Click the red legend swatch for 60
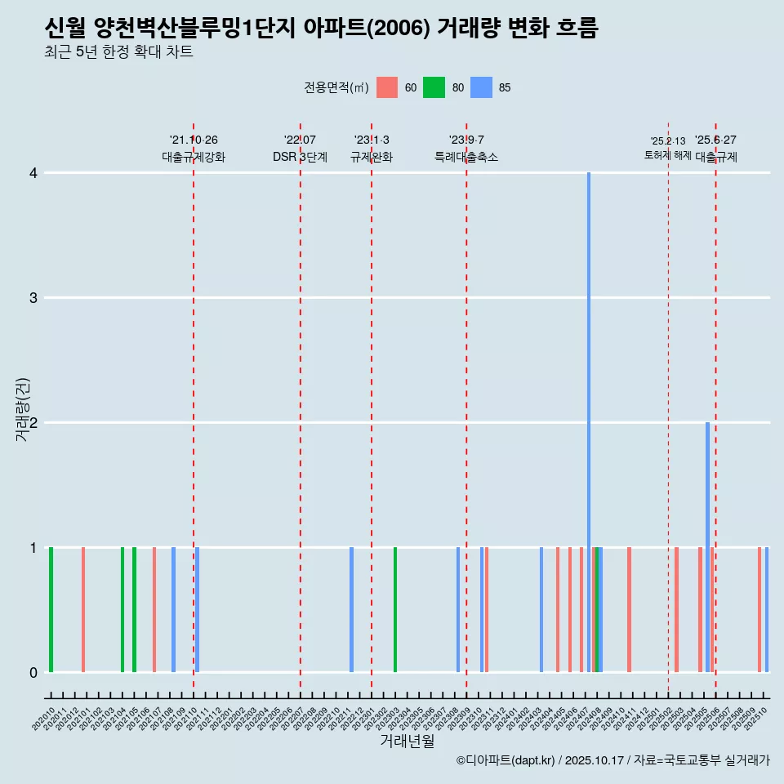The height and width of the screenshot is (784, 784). [387, 87]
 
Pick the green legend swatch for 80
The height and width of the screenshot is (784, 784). [434, 87]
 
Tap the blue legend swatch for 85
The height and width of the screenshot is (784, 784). [482, 87]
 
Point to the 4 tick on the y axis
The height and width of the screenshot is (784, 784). [33, 173]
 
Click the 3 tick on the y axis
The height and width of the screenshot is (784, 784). [33, 298]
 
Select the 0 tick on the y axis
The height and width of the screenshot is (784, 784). [33, 672]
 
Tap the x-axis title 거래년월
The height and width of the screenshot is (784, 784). [407, 741]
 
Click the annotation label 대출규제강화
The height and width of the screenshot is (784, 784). [194, 158]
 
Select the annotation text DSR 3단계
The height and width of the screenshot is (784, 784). [300, 158]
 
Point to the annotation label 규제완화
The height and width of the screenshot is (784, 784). [372, 158]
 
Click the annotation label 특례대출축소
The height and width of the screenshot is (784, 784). [466, 158]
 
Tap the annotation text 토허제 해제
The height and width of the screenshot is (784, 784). [667, 155]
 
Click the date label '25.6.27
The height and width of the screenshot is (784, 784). [715, 140]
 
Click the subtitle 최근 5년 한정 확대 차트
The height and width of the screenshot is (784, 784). [119, 52]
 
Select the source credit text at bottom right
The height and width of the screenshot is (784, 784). [612, 760]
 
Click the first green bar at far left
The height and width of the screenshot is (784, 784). [51, 609]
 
